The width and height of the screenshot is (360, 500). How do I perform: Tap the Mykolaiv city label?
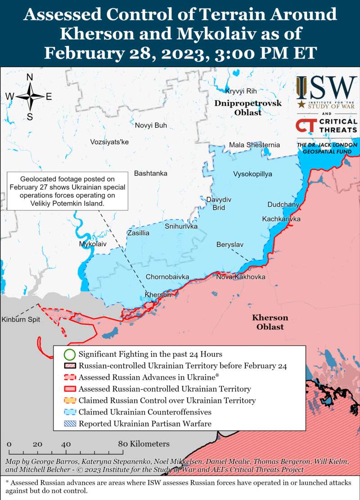pos(93,244)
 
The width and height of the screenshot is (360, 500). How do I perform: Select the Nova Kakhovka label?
pos(240,277)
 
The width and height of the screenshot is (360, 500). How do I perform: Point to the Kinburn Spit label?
pos(21,319)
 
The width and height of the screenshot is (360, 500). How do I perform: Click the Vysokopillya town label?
pos(252,174)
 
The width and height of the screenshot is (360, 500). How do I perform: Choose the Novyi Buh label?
pos(151,125)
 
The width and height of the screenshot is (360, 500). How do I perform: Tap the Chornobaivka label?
pos(167,277)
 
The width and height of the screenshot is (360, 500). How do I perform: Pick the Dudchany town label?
pos(283,205)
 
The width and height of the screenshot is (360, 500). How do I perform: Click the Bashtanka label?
pos(150,173)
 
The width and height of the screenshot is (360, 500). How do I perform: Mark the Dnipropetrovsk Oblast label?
pos(248,108)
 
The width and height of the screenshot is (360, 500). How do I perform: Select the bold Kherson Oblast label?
pos(270,322)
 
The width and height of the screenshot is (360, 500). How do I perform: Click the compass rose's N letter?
pos(30,77)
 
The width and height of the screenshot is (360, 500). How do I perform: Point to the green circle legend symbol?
pos(69,355)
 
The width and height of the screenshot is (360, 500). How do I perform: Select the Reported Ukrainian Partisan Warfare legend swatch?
pos(69,424)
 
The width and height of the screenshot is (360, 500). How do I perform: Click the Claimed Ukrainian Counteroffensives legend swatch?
pos(69,412)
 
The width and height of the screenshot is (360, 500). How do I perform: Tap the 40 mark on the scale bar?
pos(66,444)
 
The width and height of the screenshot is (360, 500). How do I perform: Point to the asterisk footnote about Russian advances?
pos(180,486)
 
